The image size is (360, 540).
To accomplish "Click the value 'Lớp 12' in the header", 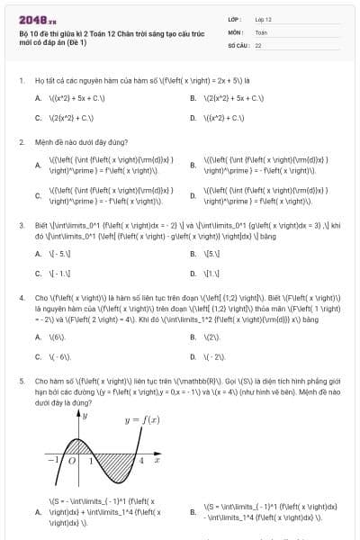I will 263,18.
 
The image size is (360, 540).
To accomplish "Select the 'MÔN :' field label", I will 235,31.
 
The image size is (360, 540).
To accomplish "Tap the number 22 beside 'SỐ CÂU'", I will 258,43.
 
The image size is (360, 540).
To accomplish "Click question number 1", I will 21,80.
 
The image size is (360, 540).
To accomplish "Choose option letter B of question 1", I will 193,97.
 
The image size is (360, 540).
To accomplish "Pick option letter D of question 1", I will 193,118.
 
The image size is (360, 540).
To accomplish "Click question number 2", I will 21,142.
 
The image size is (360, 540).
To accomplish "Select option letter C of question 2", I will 38,194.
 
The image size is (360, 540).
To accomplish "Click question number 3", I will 21,225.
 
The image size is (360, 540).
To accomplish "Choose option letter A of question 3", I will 38,254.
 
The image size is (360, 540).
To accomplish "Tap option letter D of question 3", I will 193,272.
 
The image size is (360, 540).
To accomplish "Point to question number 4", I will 21,296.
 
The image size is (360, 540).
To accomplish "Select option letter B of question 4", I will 193,337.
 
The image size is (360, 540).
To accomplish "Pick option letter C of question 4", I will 38,356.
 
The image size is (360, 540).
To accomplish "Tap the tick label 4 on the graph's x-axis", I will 142,461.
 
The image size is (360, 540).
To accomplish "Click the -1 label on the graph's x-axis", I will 52,461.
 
